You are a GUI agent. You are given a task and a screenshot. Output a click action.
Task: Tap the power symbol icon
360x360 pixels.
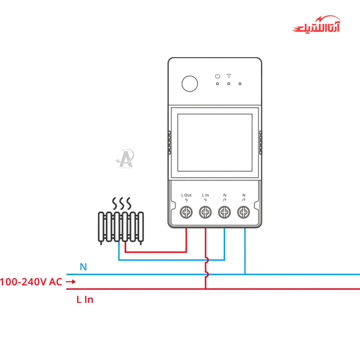tap(217, 76)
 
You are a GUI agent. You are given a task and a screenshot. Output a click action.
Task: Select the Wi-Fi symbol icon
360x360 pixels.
tap(229, 76)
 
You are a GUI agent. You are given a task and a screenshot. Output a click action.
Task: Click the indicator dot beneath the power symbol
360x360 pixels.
tap(217, 83)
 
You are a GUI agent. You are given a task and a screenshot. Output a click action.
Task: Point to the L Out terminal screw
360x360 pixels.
tap(186, 211)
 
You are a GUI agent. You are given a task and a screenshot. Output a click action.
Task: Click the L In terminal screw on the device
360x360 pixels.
tap(205, 211)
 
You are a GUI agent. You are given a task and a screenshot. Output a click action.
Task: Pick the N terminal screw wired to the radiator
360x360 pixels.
tap(224, 211)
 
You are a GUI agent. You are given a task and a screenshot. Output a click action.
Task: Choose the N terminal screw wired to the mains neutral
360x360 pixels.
tap(243, 211)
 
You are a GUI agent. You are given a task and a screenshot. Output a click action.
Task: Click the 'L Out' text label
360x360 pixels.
tap(186, 195)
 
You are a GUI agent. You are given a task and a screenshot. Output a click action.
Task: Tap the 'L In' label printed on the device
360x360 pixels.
tap(205, 195)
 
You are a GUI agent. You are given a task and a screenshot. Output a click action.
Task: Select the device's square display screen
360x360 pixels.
tap(215, 142)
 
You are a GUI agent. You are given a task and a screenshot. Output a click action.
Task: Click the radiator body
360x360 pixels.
tap(121, 227)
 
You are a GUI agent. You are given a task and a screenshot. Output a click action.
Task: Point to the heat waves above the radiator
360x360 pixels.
tap(121, 203)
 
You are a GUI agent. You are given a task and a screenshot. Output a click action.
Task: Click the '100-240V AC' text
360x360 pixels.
tap(31, 282)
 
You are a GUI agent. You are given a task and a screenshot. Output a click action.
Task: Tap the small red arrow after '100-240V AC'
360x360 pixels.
tap(71, 282)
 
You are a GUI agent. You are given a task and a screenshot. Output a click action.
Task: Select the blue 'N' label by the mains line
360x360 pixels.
tap(83, 267)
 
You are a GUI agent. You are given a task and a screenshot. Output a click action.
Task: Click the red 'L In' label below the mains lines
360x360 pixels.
tap(85, 299)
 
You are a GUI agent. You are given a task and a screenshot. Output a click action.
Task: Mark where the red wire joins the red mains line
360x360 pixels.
tap(206, 288)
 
